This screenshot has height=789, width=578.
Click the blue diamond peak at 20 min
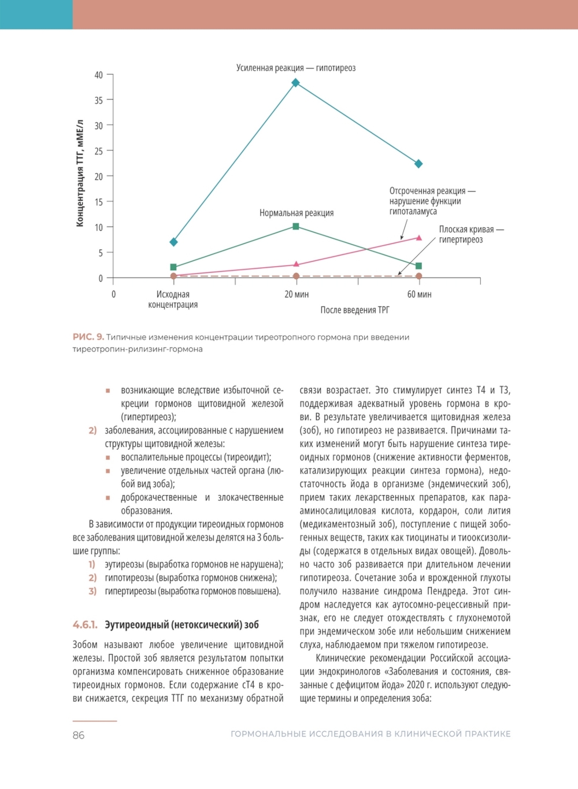pos(295,83)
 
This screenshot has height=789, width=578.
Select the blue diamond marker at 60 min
pos(418,164)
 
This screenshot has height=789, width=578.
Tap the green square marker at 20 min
pos(296,226)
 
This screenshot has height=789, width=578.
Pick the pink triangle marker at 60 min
pos(419,238)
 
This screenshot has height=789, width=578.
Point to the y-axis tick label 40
pos(99,75)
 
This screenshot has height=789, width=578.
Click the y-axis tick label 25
pos(99,151)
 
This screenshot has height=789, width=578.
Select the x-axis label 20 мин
pos(297,294)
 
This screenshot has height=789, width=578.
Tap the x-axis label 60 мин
pos(419,294)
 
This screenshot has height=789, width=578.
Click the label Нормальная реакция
pos(297,213)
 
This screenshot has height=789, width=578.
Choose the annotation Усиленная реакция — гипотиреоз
pos(296,68)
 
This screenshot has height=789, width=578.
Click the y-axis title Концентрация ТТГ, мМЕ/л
pos(80,174)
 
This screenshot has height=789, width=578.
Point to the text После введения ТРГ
pos(355,310)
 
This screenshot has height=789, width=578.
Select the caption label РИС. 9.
pos(88,337)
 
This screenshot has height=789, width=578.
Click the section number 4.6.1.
pos(85,625)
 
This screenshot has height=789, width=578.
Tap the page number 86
pos(79,735)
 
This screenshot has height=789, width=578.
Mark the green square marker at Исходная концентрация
pos(173,267)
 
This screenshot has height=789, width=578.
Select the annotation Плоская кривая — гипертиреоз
pos(470,234)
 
